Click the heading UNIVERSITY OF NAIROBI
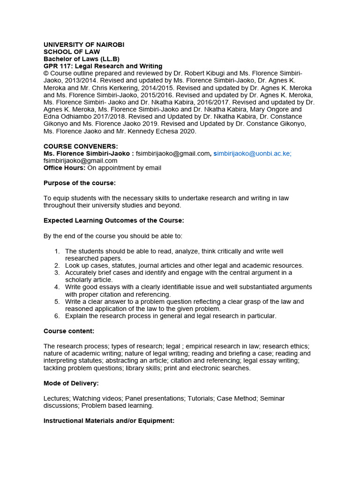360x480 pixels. point(84,45)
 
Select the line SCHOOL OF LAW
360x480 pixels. point(72,52)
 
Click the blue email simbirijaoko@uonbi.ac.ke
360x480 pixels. point(252,153)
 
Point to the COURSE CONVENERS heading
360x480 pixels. point(81,146)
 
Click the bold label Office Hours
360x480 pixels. point(64,168)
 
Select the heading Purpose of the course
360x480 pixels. point(79,183)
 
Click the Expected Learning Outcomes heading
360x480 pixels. point(114,220)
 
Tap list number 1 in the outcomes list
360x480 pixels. point(57,251)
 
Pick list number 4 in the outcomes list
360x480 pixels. point(57,287)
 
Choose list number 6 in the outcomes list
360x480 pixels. point(57,316)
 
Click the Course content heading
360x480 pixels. point(69,331)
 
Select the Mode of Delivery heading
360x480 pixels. point(71,383)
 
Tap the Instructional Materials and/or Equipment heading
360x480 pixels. point(109,421)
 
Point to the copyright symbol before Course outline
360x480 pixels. point(46,74)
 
